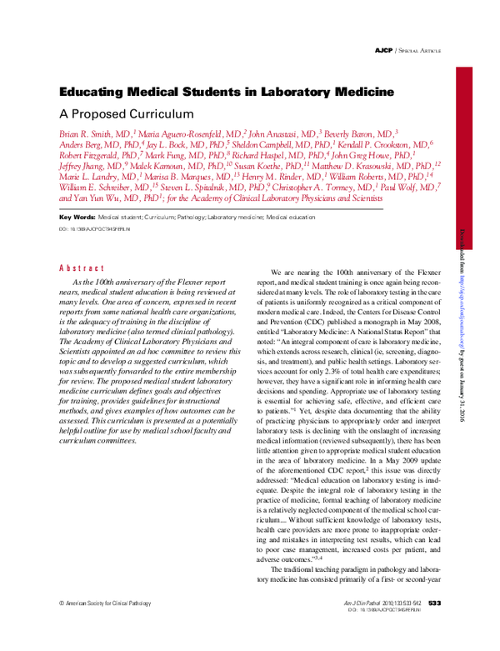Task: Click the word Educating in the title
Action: pyautogui.click(x=94, y=93)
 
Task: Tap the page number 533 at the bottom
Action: pyautogui.click(x=435, y=624)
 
